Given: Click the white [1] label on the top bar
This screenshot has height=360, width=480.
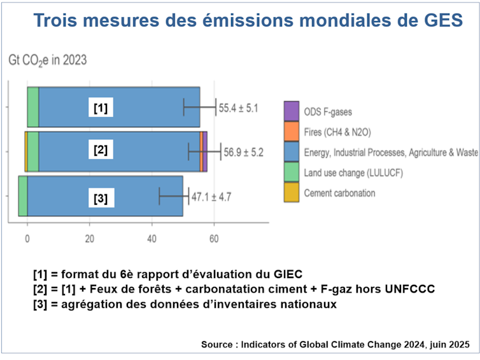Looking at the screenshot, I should pyautogui.click(x=100, y=109).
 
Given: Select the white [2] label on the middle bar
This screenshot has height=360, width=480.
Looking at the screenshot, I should pyautogui.click(x=100, y=151).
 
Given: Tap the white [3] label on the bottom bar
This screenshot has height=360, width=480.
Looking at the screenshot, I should pyautogui.click(x=100, y=198).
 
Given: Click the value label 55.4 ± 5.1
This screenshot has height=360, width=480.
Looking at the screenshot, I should pyautogui.click(x=239, y=109).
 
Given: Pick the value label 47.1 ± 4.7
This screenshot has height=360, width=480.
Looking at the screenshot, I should pyautogui.click(x=211, y=197).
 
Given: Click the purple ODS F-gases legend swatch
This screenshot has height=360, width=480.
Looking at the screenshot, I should pyautogui.click(x=291, y=111).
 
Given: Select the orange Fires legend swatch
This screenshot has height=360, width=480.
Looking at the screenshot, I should pyautogui.click(x=291, y=132).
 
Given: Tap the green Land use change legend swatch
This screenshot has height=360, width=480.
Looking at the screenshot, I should pyautogui.click(x=291, y=172).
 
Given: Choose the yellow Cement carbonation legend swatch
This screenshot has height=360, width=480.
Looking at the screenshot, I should pyautogui.click(x=291, y=193).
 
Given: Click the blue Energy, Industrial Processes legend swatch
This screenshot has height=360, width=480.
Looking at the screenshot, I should pyautogui.click(x=291, y=152).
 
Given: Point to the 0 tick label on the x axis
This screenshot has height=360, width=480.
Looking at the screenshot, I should pyautogui.click(x=27, y=239).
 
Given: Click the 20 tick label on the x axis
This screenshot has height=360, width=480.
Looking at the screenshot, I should pyautogui.click(x=90, y=239).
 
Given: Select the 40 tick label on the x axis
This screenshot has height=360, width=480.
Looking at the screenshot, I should pyautogui.click(x=152, y=239).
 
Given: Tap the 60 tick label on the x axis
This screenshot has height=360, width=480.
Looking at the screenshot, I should pyautogui.click(x=215, y=239).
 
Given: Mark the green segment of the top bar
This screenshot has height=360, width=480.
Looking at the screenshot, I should pyautogui.click(x=32, y=106).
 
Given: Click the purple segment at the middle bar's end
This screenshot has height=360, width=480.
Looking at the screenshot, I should pyautogui.click(x=205, y=151).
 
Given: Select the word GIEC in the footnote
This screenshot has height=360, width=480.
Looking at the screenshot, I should pyautogui.click(x=286, y=274).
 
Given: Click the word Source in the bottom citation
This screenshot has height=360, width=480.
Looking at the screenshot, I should pyautogui.click(x=217, y=345).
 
